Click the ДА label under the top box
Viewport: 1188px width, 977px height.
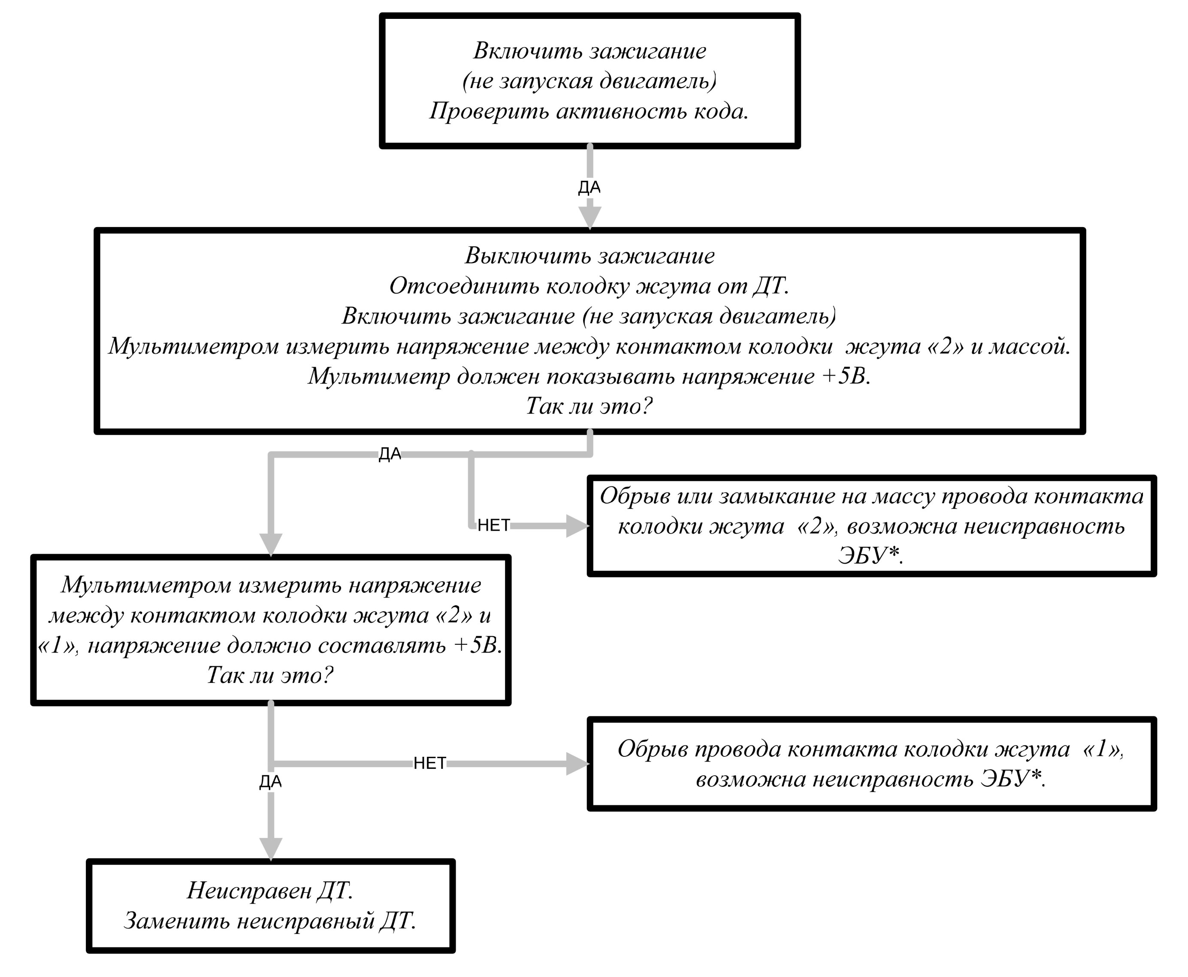point(589,188)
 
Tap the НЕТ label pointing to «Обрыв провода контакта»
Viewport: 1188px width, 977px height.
point(430,763)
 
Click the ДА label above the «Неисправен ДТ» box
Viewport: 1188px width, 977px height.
point(271,782)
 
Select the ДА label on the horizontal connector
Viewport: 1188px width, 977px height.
point(390,454)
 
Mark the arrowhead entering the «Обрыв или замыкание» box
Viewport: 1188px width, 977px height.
point(577,526)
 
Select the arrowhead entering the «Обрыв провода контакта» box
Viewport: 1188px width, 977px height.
point(577,764)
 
